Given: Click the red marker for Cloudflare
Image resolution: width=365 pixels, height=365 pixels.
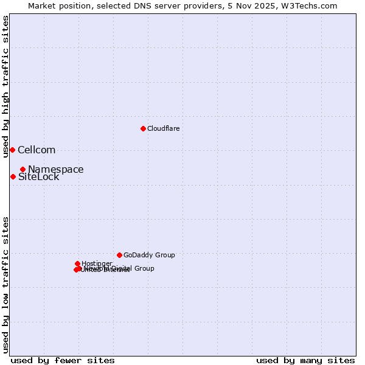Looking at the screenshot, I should pyautogui.click(x=143, y=128).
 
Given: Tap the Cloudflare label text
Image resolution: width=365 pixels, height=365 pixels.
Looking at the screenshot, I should pyautogui.click(x=163, y=128).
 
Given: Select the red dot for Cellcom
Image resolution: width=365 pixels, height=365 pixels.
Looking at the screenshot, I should pyautogui.click(x=12, y=150).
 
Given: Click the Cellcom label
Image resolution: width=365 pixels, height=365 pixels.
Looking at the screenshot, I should pyautogui.click(x=36, y=150).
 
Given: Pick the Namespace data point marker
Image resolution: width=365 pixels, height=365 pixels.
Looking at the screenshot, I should pyautogui.click(x=23, y=169).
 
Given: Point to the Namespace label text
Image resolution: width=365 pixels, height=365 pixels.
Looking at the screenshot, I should pyautogui.click(x=56, y=170).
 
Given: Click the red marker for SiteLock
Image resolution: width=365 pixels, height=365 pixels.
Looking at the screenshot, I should pyautogui.click(x=13, y=176).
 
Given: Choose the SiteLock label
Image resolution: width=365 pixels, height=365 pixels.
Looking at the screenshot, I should pyautogui.click(x=39, y=177).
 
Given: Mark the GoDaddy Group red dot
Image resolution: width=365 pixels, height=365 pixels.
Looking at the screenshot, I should pyautogui.click(x=119, y=255).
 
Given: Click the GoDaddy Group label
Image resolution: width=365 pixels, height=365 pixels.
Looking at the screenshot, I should pyautogui.click(x=149, y=255).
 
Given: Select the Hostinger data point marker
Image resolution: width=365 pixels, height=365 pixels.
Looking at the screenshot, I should pyautogui.click(x=77, y=263).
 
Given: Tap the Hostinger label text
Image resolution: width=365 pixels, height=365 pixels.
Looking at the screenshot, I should pyautogui.click(x=97, y=263).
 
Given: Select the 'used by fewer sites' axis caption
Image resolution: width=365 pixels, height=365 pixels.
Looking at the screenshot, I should pyautogui.click(x=63, y=360).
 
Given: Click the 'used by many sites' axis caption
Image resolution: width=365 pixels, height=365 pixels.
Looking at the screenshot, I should pyautogui.click(x=305, y=360).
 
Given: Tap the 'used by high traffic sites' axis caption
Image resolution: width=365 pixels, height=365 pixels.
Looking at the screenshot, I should pyautogui.click(x=5, y=86).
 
